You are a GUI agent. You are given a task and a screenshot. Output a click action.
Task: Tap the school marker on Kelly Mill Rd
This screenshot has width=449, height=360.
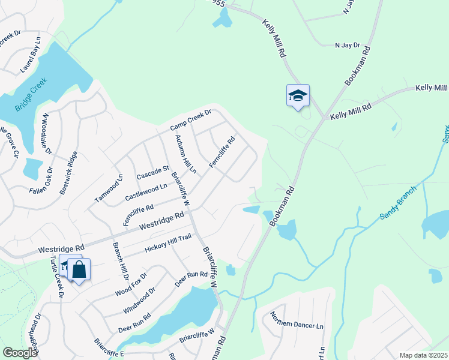point(298,96)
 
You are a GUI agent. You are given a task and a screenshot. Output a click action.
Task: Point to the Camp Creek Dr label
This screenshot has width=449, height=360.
point(190,119)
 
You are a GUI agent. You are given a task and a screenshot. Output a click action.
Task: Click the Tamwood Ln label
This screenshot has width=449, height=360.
point(109,188)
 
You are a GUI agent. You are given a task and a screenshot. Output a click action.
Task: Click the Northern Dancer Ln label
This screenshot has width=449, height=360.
point(297,325)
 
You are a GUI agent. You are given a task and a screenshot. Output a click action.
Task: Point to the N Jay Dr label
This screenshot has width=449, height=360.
point(346,45)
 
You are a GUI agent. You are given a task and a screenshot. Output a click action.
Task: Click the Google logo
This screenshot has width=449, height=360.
point(20,353)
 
